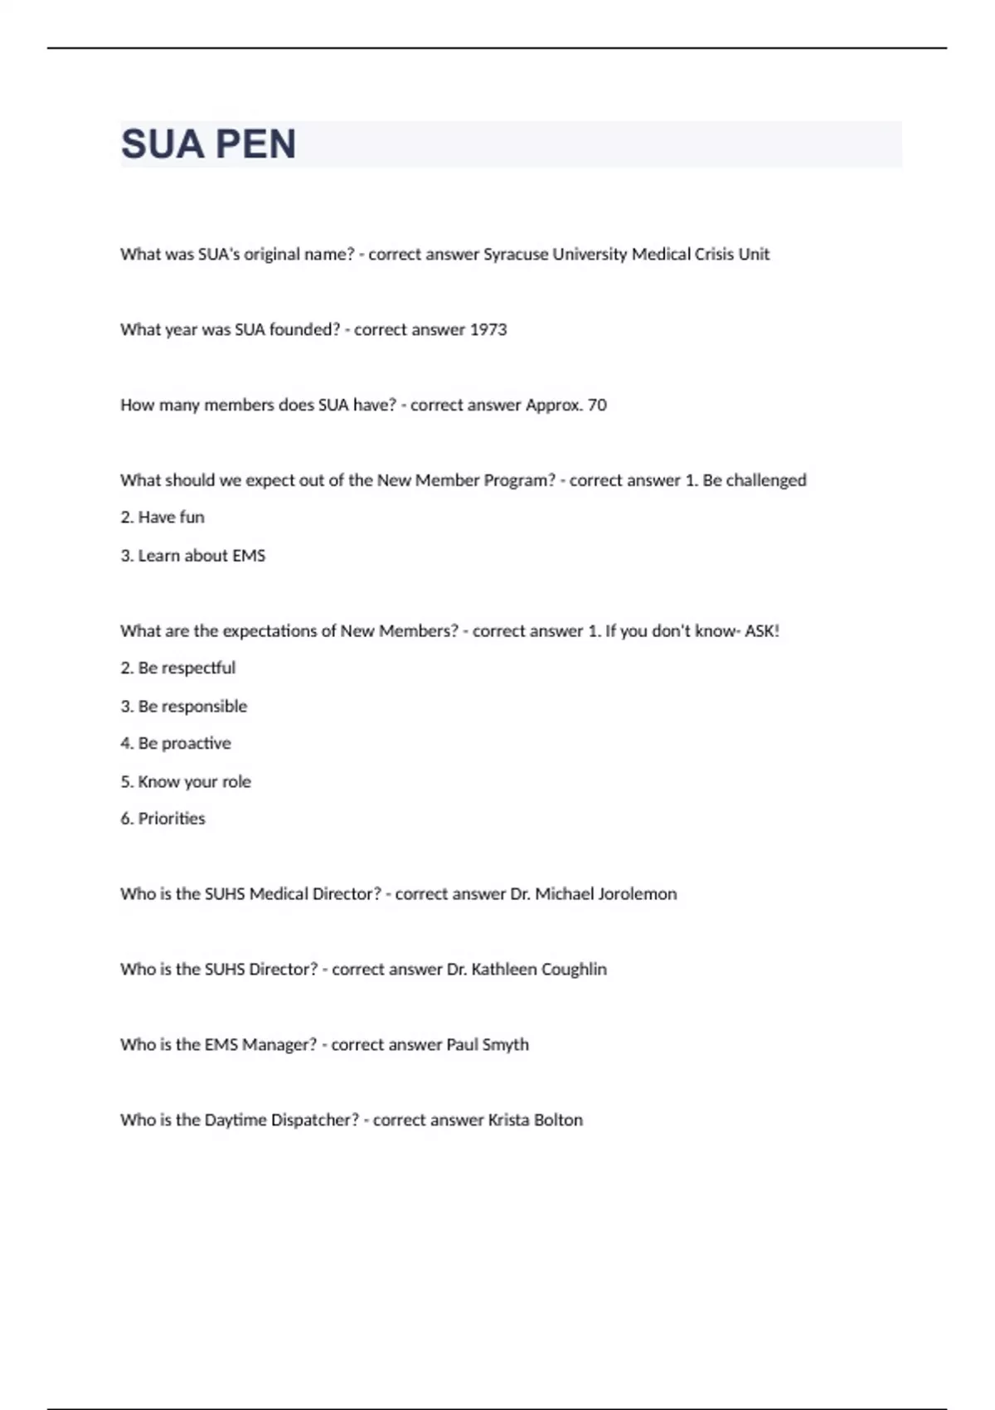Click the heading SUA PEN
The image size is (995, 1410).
pyautogui.click(x=208, y=144)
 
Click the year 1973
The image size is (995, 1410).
pyautogui.click(x=488, y=330)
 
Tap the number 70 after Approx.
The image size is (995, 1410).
pyautogui.click(x=597, y=406)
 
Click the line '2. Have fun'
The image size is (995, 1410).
pyautogui.click(x=163, y=518)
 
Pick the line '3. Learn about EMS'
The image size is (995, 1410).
pyautogui.click(x=193, y=556)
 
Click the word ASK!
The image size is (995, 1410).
pyautogui.click(x=762, y=631)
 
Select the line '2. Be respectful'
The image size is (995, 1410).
pyautogui.click(x=177, y=669)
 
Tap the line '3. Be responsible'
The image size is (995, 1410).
pyautogui.click(x=184, y=707)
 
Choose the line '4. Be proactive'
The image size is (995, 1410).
pyautogui.click(x=176, y=744)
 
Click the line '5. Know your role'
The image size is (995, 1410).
pyautogui.click(x=186, y=782)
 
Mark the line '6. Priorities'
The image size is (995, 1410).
pyautogui.click(x=163, y=819)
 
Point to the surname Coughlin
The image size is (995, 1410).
pyautogui.click(x=574, y=970)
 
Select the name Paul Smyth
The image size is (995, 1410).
pyautogui.click(x=488, y=1045)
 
